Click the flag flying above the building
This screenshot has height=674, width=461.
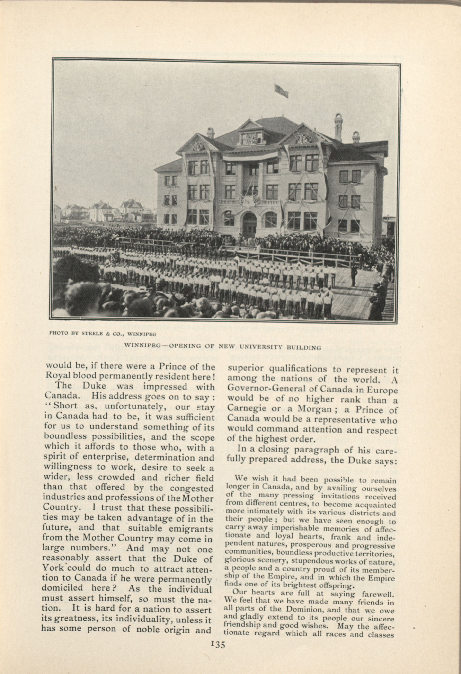click(x=281, y=90)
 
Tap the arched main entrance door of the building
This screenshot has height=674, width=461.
click(x=250, y=224)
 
